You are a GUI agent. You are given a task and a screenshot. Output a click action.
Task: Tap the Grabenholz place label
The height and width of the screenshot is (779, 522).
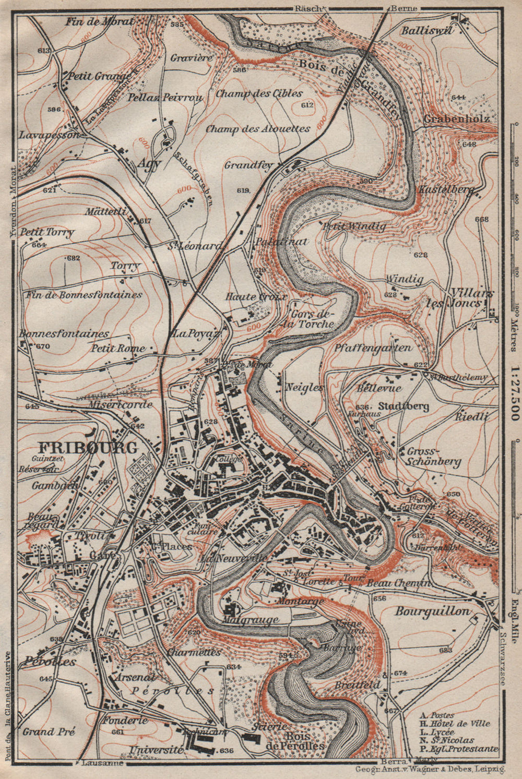[456, 118]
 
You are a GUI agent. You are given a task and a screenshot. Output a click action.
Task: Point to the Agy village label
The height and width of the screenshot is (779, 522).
[149, 162]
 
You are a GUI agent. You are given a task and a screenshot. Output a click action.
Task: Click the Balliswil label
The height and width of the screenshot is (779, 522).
[426, 30]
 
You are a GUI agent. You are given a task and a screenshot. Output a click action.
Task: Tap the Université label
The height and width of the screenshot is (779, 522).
[150, 749]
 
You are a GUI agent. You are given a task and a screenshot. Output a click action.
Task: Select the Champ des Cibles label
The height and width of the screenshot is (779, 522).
[259, 93]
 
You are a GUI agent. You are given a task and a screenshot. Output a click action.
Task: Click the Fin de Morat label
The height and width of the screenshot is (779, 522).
[100, 21]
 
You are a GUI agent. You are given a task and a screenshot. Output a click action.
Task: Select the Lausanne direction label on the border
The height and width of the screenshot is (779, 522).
[102, 763]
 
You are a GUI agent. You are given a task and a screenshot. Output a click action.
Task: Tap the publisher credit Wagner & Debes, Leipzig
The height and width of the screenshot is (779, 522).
[429, 770]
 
